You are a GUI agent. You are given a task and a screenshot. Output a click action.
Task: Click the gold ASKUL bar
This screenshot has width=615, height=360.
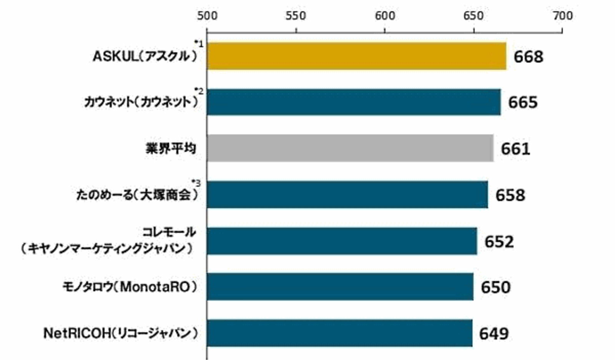pyautogui.click(x=357, y=56)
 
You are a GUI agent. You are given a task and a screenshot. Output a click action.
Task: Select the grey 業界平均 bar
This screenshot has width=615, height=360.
pyautogui.click(x=350, y=148)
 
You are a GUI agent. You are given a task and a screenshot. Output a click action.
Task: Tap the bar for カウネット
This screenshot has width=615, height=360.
pyautogui.click(x=354, y=102)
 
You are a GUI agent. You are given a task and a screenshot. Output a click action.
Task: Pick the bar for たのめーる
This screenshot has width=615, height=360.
pyautogui.click(x=347, y=195)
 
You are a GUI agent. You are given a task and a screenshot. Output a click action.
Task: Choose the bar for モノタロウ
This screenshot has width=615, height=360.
pyautogui.click(x=340, y=287)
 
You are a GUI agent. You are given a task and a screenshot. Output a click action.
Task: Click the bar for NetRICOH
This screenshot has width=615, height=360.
pyautogui.click(x=339, y=333)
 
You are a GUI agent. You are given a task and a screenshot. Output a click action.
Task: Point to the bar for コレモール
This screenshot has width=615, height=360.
pyautogui.click(x=342, y=241)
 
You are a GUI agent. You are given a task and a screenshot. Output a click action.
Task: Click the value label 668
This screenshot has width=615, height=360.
pyautogui.click(x=529, y=57)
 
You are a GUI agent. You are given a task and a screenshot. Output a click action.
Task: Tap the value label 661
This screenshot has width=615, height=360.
pyautogui.click(x=515, y=149)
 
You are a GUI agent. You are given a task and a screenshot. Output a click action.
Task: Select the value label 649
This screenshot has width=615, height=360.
pyautogui.click(x=494, y=333)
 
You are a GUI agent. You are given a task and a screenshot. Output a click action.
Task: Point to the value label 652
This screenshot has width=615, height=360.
pyautogui.click(x=499, y=242)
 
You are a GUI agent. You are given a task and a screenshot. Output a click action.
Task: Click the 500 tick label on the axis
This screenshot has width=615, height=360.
pyautogui.click(x=207, y=16)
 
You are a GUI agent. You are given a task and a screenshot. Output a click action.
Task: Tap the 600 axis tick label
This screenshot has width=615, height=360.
pyautogui.click(x=385, y=16)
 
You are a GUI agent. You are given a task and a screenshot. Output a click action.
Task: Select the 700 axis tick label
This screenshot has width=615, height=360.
pyautogui.click(x=563, y=16)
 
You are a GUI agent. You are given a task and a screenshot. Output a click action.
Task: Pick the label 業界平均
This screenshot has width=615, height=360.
pyautogui.click(x=171, y=148)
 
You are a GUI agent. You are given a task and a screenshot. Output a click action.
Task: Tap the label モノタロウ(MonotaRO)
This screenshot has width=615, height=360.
pyautogui.click(x=130, y=287)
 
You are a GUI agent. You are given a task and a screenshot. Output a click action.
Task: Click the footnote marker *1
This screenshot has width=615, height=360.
pyautogui.click(x=199, y=43)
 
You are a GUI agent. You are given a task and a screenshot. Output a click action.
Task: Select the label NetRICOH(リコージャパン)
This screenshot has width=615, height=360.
pyautogui.click(x=121, y=333)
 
